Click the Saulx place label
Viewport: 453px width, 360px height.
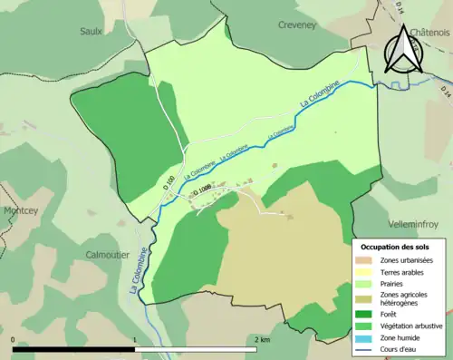point(91,30)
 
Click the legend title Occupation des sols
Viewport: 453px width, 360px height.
point(395,247)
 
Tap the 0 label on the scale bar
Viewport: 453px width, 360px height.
point(14,339)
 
